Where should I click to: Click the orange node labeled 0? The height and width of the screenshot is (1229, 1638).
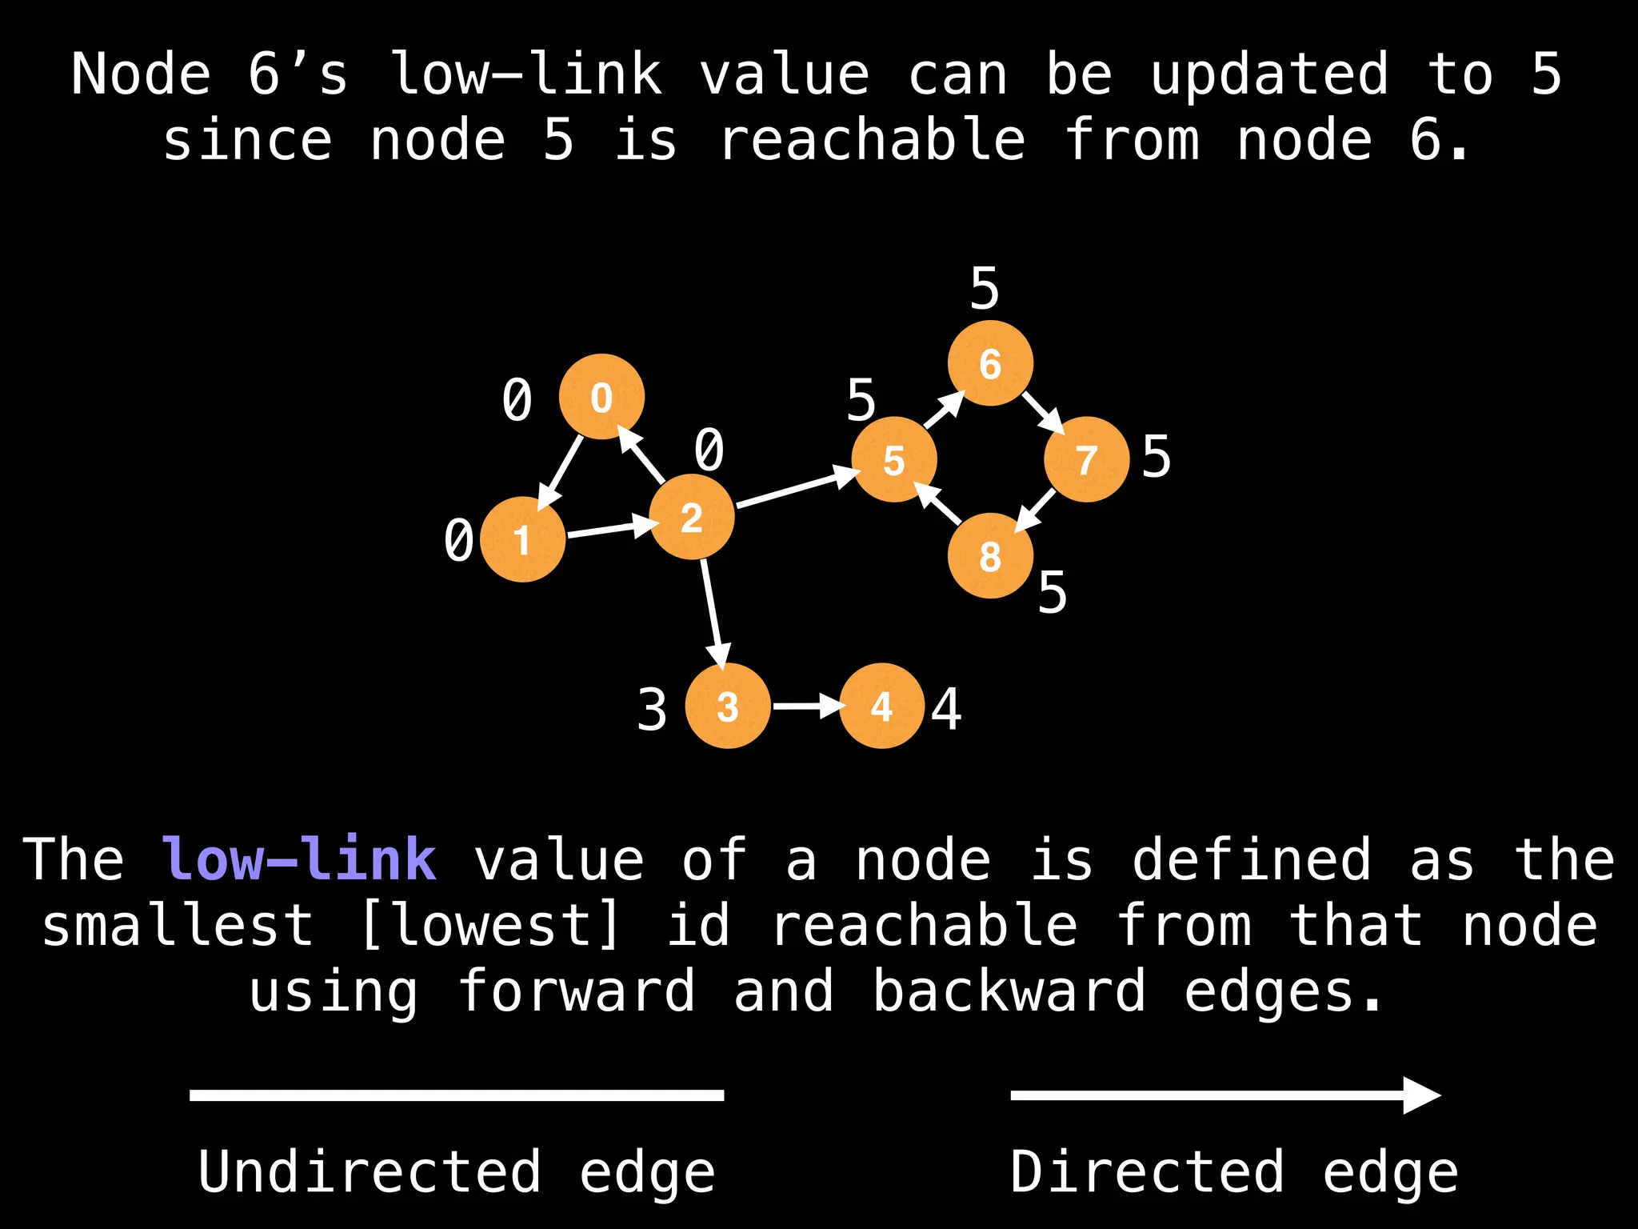[601, 397]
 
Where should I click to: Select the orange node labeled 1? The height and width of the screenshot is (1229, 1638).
[522, 539]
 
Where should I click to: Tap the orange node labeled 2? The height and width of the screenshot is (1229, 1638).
[692, 517]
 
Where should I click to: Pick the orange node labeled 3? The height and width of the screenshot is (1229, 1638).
[728, 706]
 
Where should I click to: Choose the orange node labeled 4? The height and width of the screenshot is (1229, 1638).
[881, 706]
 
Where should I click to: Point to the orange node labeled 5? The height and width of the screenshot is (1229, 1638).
[894, 459]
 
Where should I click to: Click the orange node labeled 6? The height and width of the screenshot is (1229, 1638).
[990, 363]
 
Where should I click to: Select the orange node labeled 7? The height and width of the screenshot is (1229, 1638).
[1086, 459]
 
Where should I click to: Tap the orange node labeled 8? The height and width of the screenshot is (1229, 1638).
[990, 555]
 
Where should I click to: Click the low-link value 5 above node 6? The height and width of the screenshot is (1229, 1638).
[985, 288]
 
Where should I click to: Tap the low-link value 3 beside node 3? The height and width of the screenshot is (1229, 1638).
[652, 710]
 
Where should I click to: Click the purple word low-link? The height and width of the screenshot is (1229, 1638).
[299, 859]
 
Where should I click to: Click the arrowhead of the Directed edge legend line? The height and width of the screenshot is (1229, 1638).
[1422, 1095]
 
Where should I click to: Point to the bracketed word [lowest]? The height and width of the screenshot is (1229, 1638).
[489, 926]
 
